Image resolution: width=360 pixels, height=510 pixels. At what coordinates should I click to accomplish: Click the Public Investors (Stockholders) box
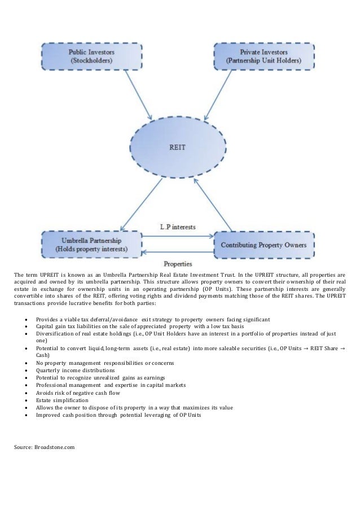[x=89, y=55]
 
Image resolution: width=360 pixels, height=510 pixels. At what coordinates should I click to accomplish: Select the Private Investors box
[x=262, y=55]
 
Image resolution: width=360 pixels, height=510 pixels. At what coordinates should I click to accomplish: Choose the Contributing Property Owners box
[x=264, y=245]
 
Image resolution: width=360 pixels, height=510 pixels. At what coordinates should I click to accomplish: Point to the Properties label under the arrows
[x=177, y=263]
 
